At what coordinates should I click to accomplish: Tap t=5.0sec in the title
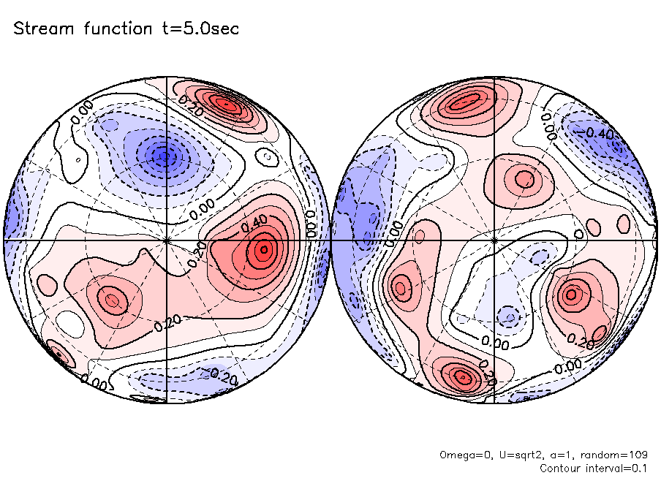[202, 29]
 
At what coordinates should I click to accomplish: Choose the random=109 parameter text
[614, 455]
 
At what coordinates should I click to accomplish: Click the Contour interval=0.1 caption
[594, 468]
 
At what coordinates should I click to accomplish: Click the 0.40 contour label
[252, 221]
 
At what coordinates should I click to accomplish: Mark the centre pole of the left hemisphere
[167, 240]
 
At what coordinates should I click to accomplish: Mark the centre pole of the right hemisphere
[494, 240]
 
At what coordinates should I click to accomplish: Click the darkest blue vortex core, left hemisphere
[165, 155]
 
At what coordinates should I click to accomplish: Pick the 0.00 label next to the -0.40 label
[548, 126]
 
